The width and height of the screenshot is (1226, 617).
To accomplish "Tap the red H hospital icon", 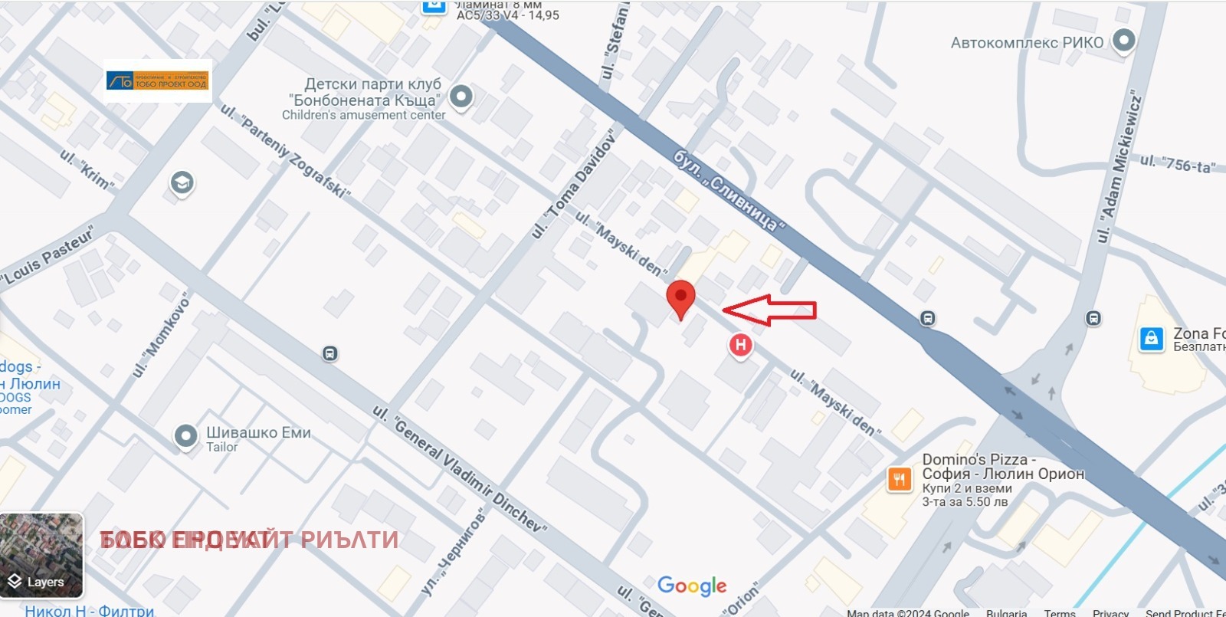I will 740,345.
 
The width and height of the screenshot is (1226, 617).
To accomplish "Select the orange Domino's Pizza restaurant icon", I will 900,480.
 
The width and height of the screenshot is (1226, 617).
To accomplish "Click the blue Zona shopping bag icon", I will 1151,338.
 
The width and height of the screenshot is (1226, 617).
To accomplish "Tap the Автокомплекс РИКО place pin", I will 1123,41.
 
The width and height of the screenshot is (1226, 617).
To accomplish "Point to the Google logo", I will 692,586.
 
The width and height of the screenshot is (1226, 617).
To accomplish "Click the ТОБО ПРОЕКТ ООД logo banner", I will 158,80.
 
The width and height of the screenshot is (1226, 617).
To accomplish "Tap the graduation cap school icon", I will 182,183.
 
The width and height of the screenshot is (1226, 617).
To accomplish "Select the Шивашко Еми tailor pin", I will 186,436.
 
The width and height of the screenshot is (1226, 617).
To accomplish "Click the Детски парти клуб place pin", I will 461,97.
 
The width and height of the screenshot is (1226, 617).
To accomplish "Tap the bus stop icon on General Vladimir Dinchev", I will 329,353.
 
